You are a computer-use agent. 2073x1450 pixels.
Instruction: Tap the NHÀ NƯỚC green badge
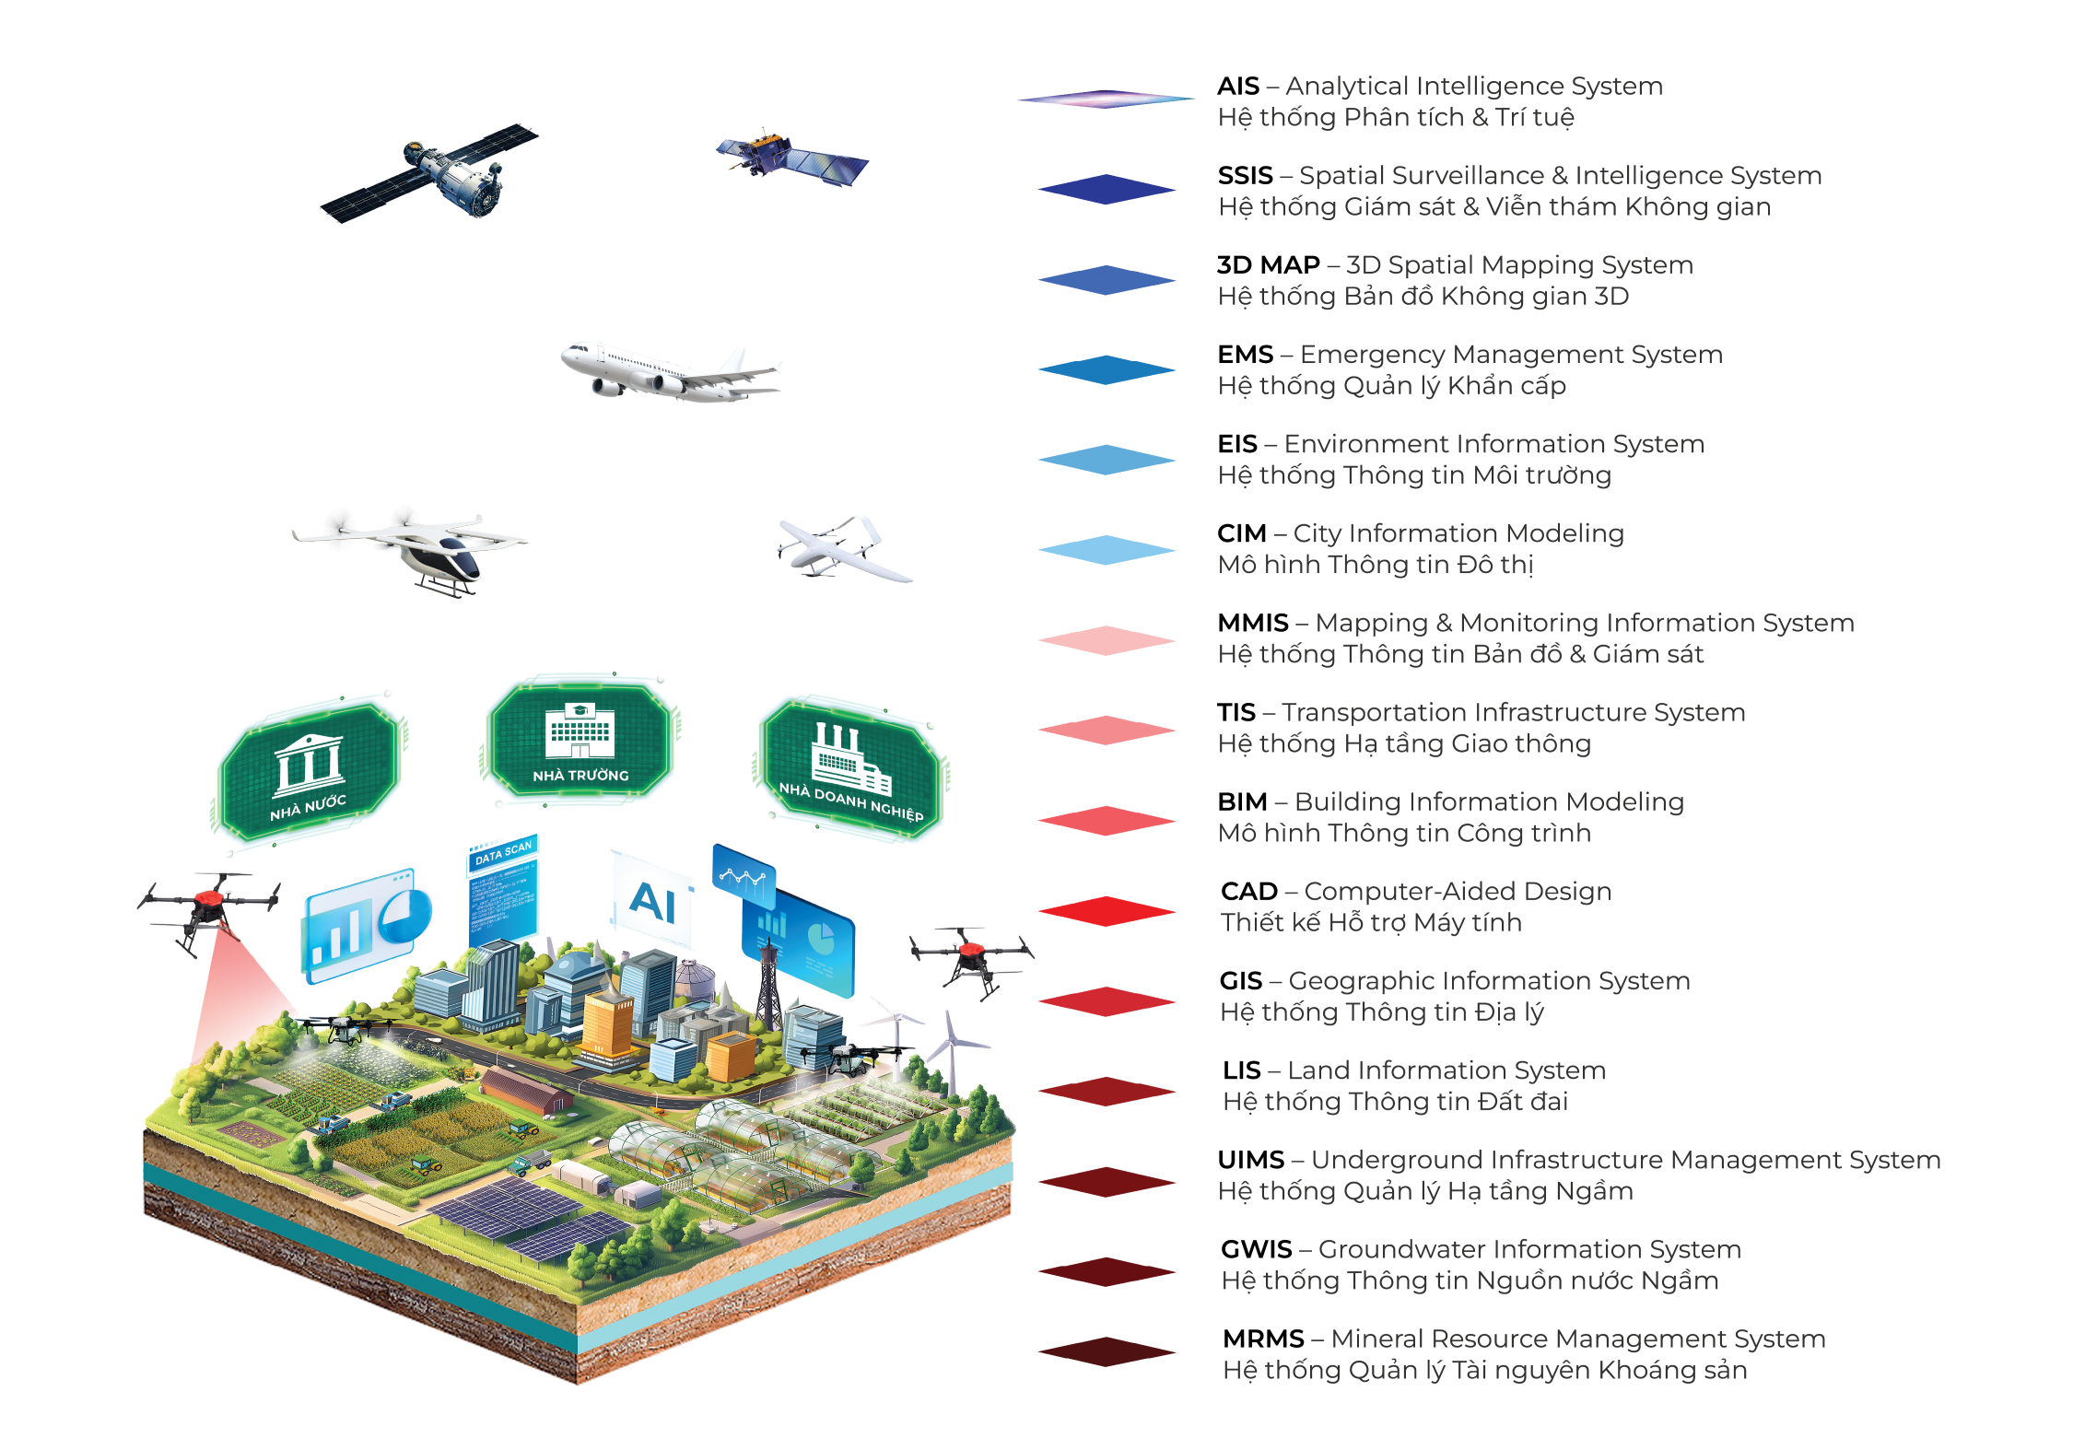tap(310, 769)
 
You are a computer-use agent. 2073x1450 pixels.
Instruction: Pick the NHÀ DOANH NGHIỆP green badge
tap(850, 769)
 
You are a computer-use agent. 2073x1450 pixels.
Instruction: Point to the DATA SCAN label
tap(503, 853)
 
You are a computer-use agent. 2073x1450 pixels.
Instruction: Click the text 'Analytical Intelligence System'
tap(1473, 86)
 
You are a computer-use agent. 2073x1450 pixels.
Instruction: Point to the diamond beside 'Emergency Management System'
tap(1107, 369)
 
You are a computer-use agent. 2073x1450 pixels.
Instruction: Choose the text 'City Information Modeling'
tap(1458, 533)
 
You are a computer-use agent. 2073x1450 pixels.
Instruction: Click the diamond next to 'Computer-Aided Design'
tap(1107, 911)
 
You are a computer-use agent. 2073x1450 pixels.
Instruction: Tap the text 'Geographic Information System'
tap(1488, 981)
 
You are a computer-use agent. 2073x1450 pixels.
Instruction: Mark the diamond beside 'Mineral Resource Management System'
tap(1107, 1351)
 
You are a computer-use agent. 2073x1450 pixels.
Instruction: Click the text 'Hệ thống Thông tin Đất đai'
tap(1395, 1102)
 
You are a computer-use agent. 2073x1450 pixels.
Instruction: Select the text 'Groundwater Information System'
tap(1528, 1249)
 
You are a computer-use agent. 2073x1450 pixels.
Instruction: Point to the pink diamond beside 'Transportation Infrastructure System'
tap(1107, 730)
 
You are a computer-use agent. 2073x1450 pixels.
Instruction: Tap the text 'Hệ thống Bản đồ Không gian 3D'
tap(1423, 297)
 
